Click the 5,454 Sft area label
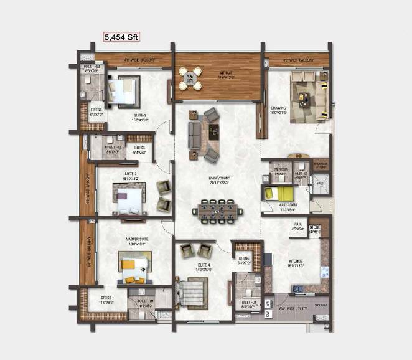(121, 37)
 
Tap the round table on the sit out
(190, 78)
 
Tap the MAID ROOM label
(288, 205)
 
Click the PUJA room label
(297, 227)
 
